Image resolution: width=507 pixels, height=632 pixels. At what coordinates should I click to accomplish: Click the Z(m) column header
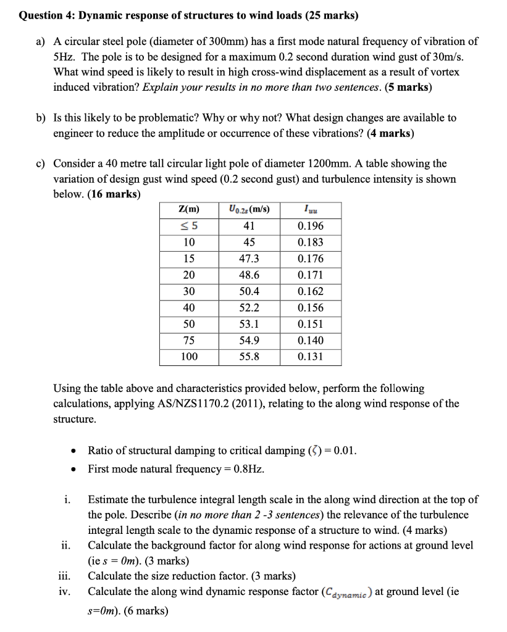pos(189,209)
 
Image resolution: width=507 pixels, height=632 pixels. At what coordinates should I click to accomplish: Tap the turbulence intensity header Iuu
pos(309,210)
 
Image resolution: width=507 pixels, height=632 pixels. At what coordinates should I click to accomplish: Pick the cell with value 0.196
pos(309,226)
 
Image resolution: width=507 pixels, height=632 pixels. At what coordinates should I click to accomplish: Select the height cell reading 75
pos(189,341)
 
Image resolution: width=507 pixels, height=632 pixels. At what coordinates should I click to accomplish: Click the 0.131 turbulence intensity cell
pos(309,357)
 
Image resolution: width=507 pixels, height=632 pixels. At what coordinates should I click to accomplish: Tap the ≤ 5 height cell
pos(189,226)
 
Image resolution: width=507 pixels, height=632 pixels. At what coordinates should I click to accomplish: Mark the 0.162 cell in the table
pos(309,291)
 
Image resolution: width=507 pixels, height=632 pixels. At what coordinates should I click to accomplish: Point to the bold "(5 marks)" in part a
pos(408,87)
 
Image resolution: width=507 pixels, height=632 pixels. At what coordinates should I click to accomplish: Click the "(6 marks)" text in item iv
pos(146,610)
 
